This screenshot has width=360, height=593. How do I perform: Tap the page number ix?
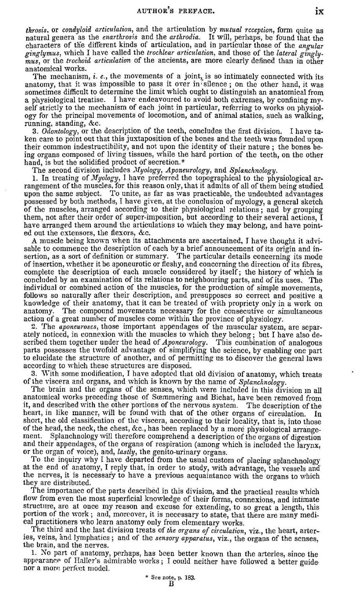click(319, 12)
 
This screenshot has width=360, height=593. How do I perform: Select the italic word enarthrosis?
click(113, 37)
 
